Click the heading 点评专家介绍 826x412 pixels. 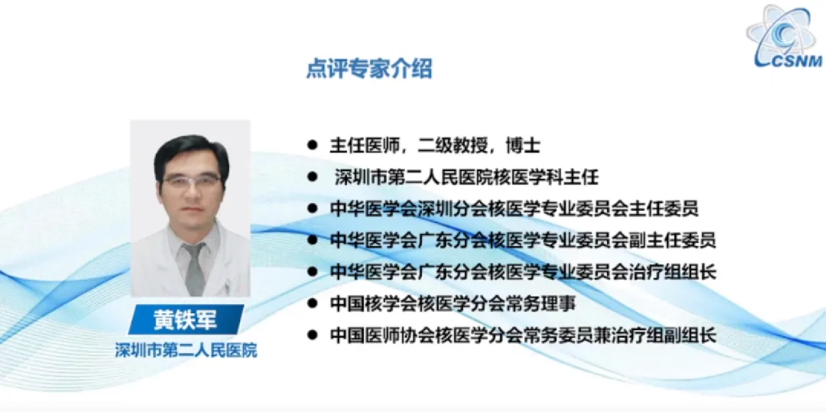pos(369,69)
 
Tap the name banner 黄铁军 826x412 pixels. pos(186,319)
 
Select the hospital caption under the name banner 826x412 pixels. pos(186,350)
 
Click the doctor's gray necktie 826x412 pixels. pos(195,269)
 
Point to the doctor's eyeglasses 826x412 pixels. pos(191,181)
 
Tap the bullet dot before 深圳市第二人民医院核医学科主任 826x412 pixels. pos(313,177)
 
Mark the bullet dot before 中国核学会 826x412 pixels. pos(313,303)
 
